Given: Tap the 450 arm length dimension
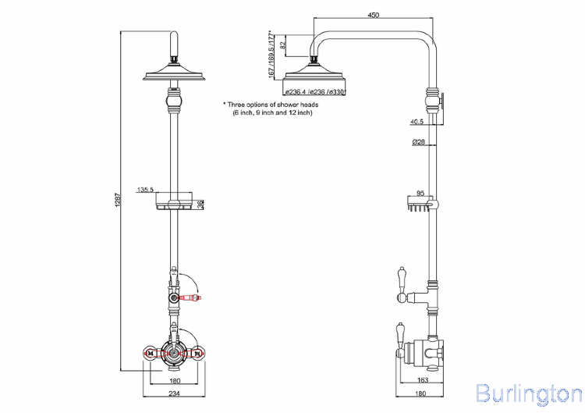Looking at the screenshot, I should click(373, 14).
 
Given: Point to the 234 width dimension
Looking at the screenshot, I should click(174, 393).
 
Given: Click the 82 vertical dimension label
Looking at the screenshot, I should click(282, 45).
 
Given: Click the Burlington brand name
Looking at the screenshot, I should click(528, 392).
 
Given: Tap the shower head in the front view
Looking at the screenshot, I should click(174, 76).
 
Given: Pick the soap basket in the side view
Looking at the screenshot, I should click(418, 205).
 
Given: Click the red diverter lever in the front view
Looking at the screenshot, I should click(190, 297).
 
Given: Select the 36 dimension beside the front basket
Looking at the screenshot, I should click(200, 205).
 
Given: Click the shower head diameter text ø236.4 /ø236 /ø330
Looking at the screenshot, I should click(315, 93).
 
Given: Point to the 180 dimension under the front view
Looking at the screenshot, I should click(174, 380).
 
